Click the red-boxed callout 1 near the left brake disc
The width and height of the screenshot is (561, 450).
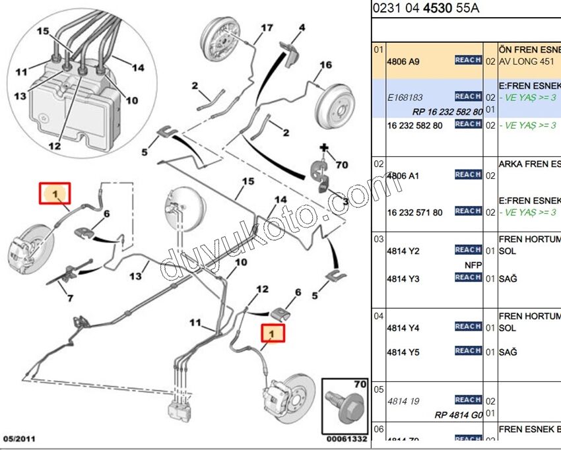pyautogui.click(x=56, y=194)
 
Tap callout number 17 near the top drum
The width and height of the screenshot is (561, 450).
pyautogui.click(x=266, y=28)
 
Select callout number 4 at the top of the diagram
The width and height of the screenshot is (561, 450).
pyautogui.click(x=301, y=28)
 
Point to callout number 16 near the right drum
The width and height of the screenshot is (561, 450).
pyautogui.click(x=325, y=65)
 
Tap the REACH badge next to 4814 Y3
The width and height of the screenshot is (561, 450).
pyautogui.click(x=467, y=278)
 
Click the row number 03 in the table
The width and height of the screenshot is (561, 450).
pyautogui.click(x=378, y=238)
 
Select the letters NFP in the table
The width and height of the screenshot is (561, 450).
pyautogui.click(x=473, y=265)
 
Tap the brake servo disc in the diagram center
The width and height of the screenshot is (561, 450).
pyautogui.click(x=181, y=211)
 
